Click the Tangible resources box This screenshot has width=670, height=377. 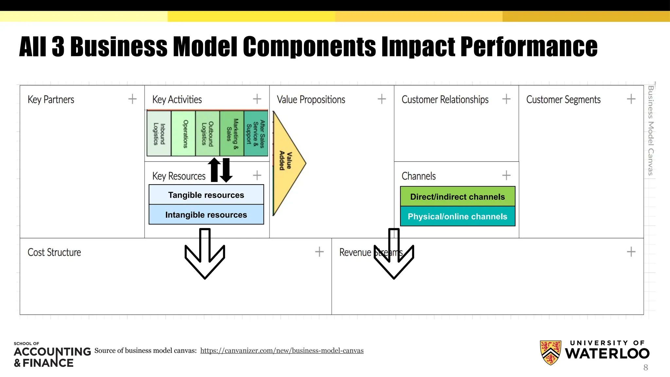coord(206,195)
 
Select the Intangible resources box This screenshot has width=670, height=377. coord(206,215)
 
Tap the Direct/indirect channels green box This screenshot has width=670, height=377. coord(457,197)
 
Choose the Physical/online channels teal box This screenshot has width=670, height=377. coord(457,216)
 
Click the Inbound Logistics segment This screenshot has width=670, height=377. coord(159,134)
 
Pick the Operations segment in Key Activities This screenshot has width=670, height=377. coord(184,134)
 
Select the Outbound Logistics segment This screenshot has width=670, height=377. coord(207,134)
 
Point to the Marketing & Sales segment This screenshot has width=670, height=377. coord(232,134)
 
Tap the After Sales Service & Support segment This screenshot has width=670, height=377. coord(256,134)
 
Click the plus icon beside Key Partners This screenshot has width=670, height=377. coord(132,99)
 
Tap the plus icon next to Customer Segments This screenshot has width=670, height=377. coord(631,99)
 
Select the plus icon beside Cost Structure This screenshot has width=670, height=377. coord(319,252)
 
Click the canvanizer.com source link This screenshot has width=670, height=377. coord(282,350)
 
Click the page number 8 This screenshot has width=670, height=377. coord(645,368)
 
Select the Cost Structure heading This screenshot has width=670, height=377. coord(54,252)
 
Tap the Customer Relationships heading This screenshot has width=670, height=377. coord(445,99)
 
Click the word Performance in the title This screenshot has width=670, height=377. coord(529,46)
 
